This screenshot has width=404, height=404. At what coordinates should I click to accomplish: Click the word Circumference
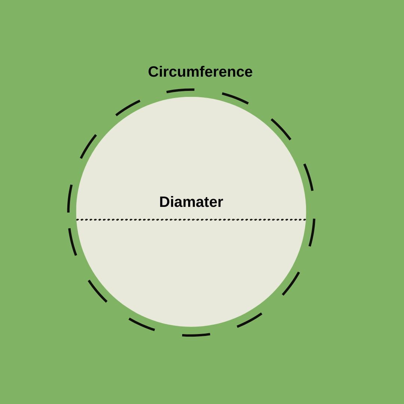pos(200,71)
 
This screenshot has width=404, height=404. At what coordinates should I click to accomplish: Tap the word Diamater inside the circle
pos(191,202)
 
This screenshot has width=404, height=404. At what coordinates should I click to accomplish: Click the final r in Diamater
pos(220,203)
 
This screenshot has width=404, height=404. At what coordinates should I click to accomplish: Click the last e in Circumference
pos(248,73)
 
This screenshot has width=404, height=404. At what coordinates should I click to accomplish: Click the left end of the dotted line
pos(77,220)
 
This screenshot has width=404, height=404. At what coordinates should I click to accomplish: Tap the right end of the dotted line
pos(305,220)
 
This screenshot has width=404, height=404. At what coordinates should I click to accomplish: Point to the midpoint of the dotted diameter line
pos(191,220)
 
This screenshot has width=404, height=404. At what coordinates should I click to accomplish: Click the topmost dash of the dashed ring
pos(180,90)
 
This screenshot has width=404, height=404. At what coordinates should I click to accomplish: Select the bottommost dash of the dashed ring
pos(196,335)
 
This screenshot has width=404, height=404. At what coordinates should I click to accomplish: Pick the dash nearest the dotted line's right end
pos(312,233)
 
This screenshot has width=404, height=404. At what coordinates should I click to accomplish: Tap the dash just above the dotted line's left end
pos(69,198)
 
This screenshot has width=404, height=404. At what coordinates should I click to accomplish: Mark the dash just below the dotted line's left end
pos(72,242)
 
